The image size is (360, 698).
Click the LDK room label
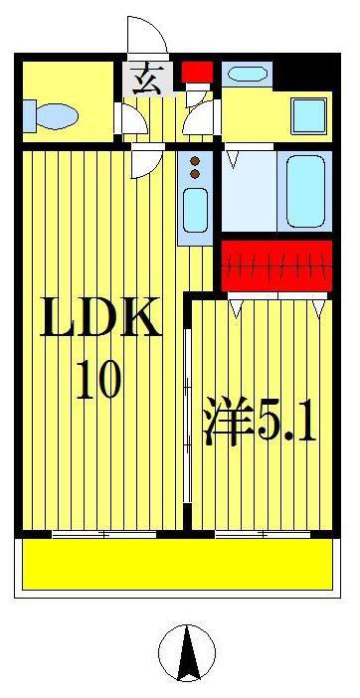point(100,316)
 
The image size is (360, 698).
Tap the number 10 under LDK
point(98,380)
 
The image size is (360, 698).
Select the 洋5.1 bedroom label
point(260,422)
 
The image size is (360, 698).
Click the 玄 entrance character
point(147,81)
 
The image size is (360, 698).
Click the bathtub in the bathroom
point(305,192)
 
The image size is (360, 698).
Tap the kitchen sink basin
point(195,210)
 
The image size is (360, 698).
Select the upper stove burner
point(195,161)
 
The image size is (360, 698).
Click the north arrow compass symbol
point(187,652)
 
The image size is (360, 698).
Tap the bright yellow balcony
point(178,564)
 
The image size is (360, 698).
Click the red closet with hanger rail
point(276,266)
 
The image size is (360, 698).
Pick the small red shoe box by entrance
point(197,73)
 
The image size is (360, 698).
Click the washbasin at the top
point(247,74)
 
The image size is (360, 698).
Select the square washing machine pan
point(309,115)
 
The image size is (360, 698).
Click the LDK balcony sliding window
point(104,534)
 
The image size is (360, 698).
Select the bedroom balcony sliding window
point(263,534)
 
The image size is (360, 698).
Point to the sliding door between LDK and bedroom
point(188,416)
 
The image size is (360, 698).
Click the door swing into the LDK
point(147,162)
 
